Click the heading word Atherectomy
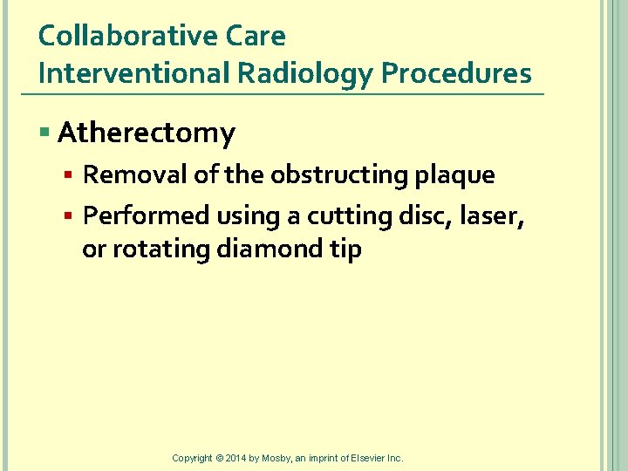click(147, 133)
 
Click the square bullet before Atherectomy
click(45, 133)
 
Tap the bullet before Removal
click(71, 175)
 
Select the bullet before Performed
click(71, 215)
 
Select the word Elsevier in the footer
click(369, 458)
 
